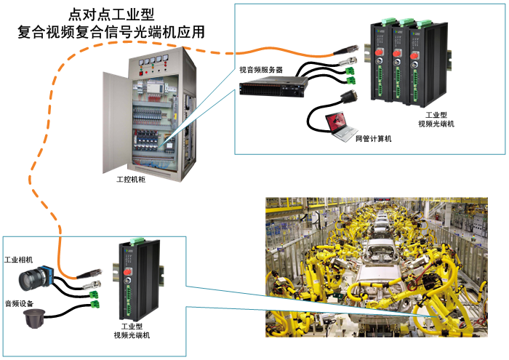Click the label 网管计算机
click(373, 138)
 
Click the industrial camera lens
click(30, 279)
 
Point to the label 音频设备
click(20, 303)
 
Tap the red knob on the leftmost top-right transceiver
click(381, 52)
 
